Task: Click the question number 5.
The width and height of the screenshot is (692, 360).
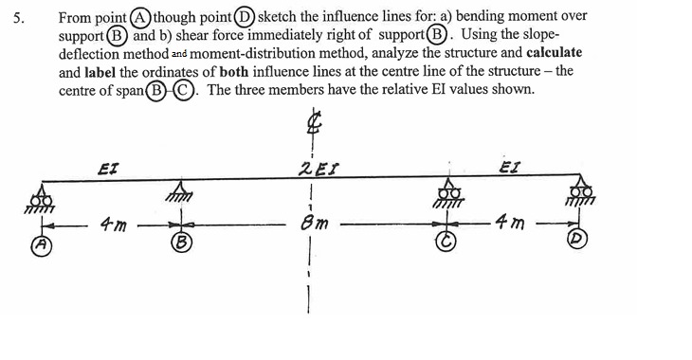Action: [x=9, y=16]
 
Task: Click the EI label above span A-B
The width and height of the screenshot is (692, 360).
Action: [x=106, y=169]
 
